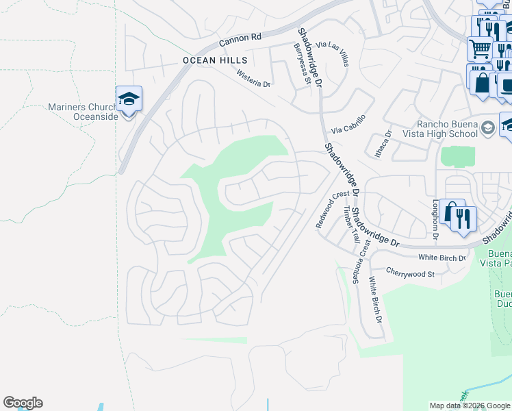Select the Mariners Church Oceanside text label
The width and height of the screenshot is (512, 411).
[x=83, y=111]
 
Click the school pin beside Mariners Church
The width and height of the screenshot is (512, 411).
[x=128, y=100]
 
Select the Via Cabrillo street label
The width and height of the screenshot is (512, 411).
[x=348, y=124]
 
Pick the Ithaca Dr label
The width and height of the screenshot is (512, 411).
[x=387, y=143]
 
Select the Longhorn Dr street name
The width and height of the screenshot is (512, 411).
[x=435, y=219]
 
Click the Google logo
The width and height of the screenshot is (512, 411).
[x=23, y=403]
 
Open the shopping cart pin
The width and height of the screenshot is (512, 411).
[x=480, y=49]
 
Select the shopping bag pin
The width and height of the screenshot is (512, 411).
[x=482, y=80]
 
